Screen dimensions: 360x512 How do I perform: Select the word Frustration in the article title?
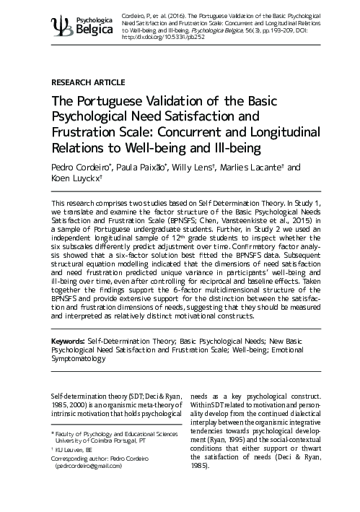point(89,134)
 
